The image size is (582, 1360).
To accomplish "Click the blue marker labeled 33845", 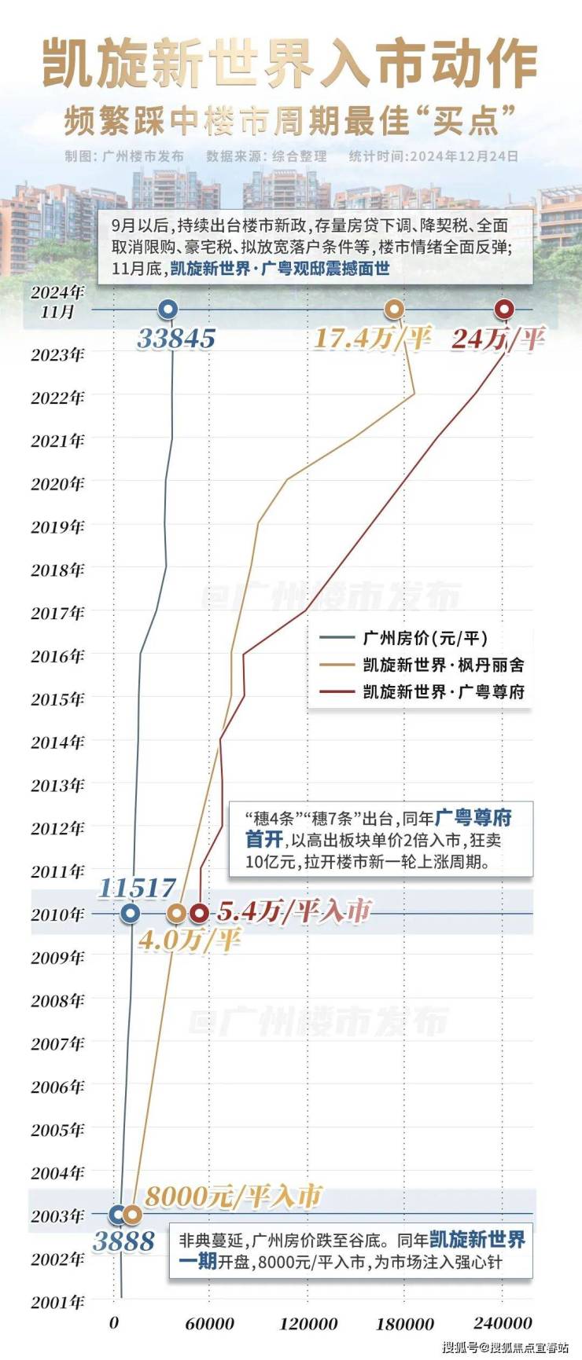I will click(x=168, y=309).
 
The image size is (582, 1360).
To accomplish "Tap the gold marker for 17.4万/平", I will click(x=395, y=309).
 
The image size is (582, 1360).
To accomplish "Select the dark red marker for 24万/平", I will click(x=503, y=309).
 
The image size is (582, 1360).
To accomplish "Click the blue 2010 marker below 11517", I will click(x=131, y=913).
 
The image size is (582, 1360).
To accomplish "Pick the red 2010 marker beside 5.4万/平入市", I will click(x=200, y=913).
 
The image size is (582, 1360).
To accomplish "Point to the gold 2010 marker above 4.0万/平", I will click(x=177, y=913).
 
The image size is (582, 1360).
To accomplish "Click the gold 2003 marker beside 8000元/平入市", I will click(x=132, y=1214).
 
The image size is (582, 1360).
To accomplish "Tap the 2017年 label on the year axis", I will click(x=57, y=612).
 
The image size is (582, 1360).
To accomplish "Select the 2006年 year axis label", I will click(x=57, y=1087).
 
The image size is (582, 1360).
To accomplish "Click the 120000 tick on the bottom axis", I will click(x=309, y=1324).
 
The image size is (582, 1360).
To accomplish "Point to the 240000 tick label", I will click(x=503, y=1324).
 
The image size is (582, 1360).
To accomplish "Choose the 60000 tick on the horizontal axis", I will click(x=211, y=1324).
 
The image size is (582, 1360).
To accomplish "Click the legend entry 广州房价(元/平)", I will click(x=425, y=638).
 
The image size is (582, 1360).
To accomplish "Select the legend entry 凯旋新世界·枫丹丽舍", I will click(x=443, y=665).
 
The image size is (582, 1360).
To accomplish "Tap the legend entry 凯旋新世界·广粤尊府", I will click(x=443, y=691).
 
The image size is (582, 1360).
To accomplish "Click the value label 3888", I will click(x=123, y=1241).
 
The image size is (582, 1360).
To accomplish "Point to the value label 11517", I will click(x=137, y=888).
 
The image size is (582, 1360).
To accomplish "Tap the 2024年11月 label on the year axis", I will click(x=57, y=302).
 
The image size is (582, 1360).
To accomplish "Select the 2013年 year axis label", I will click(x=57, y=785).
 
